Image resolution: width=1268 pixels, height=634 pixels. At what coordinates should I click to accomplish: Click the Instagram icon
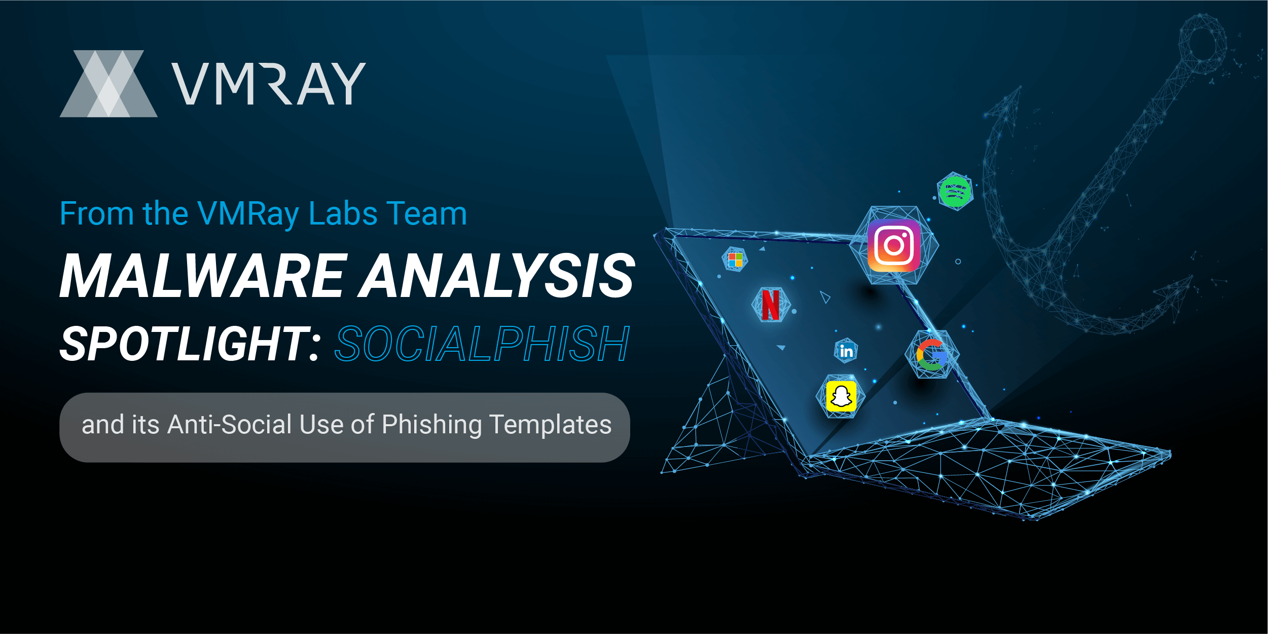coord(894,245)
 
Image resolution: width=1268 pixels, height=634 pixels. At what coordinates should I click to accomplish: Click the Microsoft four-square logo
coord(735,260)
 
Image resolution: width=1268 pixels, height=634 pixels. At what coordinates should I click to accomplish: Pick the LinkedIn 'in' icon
coord(846,351)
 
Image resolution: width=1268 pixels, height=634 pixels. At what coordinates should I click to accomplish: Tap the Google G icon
coord(931,355)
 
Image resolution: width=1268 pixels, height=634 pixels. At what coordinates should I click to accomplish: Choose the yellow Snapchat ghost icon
coord(841,396)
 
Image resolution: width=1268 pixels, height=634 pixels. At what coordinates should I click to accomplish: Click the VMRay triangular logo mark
coord(108,84)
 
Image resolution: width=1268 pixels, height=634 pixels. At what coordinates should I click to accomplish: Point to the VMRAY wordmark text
coord(269,84)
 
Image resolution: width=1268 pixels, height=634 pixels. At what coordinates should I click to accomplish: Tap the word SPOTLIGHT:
coord(190,344)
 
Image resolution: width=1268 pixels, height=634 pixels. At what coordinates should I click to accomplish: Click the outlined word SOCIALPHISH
coord(482,344)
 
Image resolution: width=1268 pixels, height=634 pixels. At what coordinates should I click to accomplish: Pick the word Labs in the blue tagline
coord(343,213)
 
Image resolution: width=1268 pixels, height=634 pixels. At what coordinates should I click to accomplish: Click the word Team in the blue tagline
coord(426,213)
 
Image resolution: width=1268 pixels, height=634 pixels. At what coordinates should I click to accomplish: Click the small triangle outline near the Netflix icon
coord(825,297)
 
